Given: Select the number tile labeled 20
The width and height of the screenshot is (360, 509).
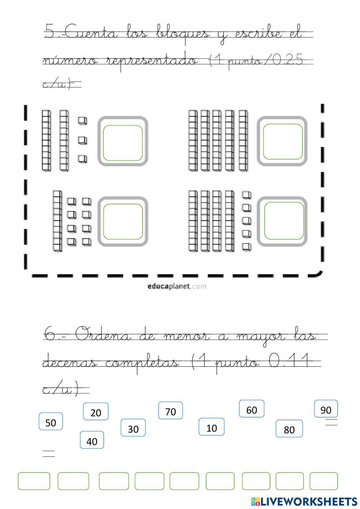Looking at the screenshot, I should point(96,412).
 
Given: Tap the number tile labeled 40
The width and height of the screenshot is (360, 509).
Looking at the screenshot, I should point(92,440).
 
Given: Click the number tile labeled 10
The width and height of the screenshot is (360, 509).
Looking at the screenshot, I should point(212,427).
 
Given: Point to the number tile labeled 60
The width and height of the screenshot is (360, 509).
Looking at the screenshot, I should point(252,409).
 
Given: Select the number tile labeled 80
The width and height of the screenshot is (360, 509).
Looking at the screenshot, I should point(289,429).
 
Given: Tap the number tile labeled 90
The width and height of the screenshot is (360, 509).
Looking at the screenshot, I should point(326,409).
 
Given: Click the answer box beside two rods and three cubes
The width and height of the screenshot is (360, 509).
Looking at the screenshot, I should point(123,143).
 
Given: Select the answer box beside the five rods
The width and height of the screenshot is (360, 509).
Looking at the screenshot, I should point(283,142).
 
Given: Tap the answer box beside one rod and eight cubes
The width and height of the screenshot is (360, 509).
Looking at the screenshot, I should point(123,222).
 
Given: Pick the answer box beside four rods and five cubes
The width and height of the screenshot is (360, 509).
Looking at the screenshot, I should point(284,221).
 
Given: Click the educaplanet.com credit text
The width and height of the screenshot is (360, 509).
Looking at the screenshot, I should point(177,287).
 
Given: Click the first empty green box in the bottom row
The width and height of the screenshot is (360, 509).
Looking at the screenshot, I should point(34,481).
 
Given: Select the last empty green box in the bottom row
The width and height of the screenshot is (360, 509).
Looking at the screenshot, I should point(324,481).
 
